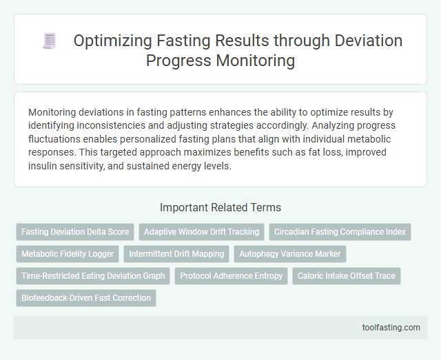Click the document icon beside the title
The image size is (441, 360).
click(x=49, y=41)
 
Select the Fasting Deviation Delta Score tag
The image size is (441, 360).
click(x=75, y=232)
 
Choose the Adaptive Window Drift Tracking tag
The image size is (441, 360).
click(x=201, y=232)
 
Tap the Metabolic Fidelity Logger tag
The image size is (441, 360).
click(x=68, y=254)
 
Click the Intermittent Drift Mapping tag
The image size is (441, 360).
click(x=176, y=254)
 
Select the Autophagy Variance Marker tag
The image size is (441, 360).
click(x=290, y=254)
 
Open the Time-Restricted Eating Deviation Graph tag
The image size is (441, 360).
click(x=93, y=276)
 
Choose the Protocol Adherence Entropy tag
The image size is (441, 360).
click(x=231, y=276)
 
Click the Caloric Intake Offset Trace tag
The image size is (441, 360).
click(x=346, y=276)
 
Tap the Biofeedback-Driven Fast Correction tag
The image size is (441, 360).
click(x=86, y=298)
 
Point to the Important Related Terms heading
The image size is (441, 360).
click(x=220, y=207)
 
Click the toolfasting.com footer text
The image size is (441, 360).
click(x=391, y=328)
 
